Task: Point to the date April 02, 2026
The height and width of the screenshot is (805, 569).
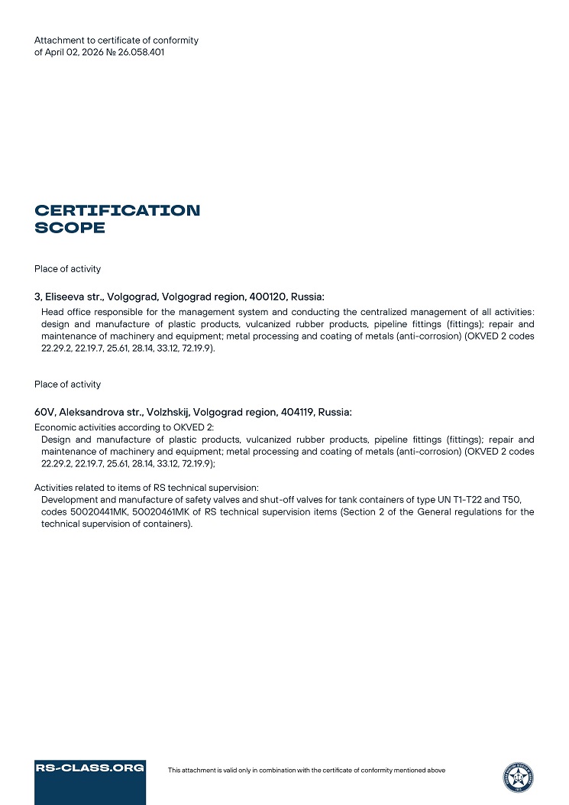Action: pyautogui.click(x=72, y=53)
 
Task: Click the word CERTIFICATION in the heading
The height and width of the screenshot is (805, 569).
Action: pyautogui.click(x=118, y=210)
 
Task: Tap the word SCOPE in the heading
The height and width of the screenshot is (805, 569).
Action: pyautogui.click(x=70, y=228)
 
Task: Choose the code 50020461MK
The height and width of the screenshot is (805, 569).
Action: pyautogui.click(x=157, y=512)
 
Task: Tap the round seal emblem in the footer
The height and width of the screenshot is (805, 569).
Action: pyautogui.click(x=518, y=777)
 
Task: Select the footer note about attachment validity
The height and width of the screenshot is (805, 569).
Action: pyautogui.click(x=306, y=771)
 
